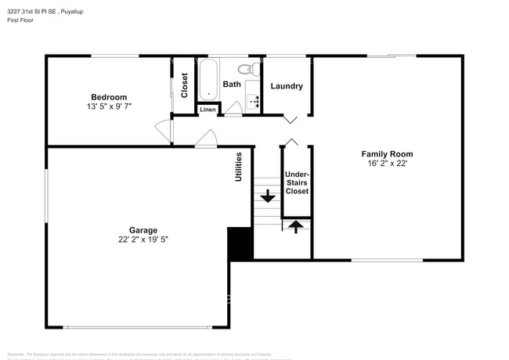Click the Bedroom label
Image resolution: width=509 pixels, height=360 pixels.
click(108, 97)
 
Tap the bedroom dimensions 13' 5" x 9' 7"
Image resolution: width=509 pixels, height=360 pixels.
click(108, 106)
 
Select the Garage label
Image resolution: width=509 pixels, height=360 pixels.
click(132, 230)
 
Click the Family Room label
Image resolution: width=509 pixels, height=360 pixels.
click(386, 154)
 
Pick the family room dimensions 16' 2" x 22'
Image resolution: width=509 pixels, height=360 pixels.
click(386, 164)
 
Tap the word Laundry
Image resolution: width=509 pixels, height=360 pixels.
click(287, 86)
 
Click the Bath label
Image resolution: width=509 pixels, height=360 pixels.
click(232, 85)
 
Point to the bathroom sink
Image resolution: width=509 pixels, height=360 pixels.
click(254, 100)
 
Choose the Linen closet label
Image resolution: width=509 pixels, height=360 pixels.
click(208, 110)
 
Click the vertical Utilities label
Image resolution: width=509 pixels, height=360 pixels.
click(239, 167)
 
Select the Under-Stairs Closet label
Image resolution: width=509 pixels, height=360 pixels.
click(296, 182)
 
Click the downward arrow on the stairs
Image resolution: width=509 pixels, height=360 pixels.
click(268, 196)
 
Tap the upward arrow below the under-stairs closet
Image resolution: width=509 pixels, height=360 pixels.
click(295, 227)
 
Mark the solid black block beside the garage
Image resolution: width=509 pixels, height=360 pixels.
click(240, 244)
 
